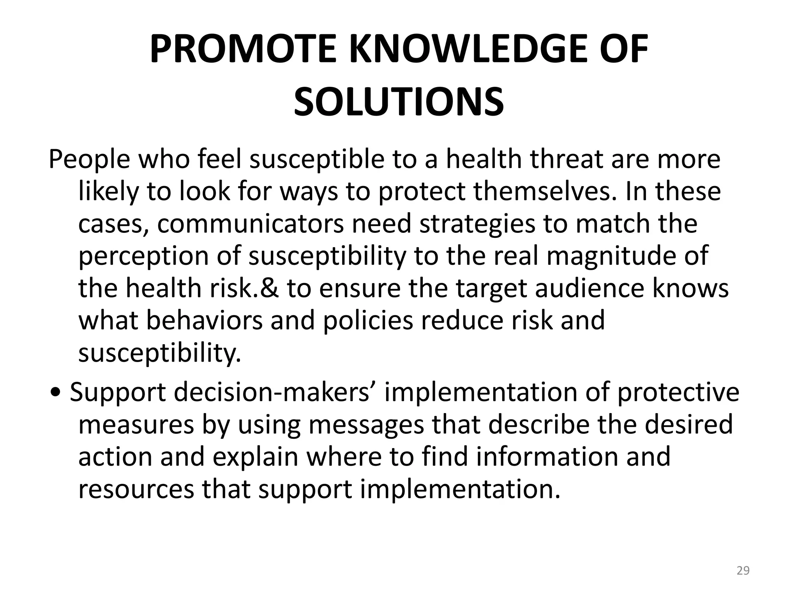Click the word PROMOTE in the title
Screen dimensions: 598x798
(x=243, y=49)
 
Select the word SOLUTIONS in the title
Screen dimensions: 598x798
(x=399, y=102)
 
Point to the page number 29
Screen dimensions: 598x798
(x=743, y=571)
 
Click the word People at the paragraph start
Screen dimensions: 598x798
(x=89, y=160)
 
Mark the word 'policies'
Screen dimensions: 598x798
(x=368, y=320)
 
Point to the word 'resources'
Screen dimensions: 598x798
(x=136, y=489)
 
